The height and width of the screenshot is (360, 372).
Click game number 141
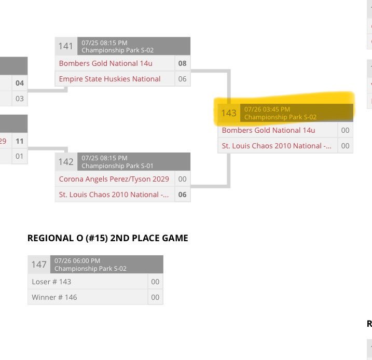(x=66, y=46)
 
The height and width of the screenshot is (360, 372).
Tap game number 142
(x=66, y=162)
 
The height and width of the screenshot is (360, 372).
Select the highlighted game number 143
(x=229, y=113)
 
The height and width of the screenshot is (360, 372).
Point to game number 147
(x=39, y=265)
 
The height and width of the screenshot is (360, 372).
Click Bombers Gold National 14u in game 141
(x=106, y=63)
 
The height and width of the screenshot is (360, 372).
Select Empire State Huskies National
(x=110, y=79)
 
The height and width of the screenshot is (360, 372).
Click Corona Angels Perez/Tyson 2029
(x=114, y=179)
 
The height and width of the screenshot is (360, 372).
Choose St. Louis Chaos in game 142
(x=114, y=195)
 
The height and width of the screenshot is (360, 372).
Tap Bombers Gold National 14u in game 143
(x=268, y=130)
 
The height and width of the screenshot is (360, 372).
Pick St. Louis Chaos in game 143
(x=277, y=146)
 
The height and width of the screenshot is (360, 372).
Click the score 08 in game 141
(x=182, y=63)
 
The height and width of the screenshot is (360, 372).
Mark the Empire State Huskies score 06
(x=182, y=79)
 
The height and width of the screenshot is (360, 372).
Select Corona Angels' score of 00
(x=182, y=179)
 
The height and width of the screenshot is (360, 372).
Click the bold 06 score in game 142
(x=182, y=195)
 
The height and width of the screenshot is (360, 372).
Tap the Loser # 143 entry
(x=51, y=282)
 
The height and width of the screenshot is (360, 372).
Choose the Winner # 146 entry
(x=54, y=297)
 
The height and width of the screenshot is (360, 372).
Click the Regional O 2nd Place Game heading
(x=107, y=238)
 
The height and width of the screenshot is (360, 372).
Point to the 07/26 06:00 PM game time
(x=77, y=261)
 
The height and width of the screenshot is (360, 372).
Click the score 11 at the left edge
(x=19, y=141)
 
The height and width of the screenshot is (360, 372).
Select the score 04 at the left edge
(x=19, y=83)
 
